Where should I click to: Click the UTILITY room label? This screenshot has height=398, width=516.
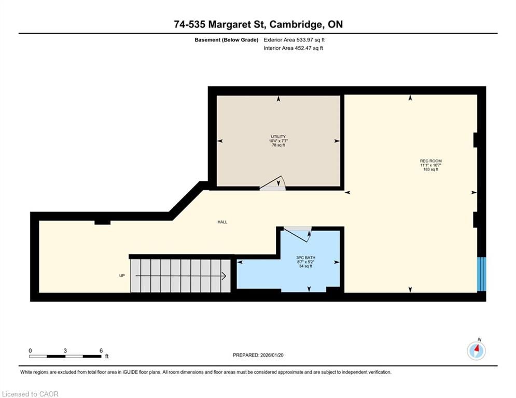pyautogui.click(x=278, y=136)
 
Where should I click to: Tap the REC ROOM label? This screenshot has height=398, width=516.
pyautogui.click(x=431, y=161)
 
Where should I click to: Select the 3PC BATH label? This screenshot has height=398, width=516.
pyautogui.click(x=306, y=258)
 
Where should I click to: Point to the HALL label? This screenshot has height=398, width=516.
pyautogui.click(x=222, y=222)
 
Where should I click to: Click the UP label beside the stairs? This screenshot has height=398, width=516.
pyautogui.click(x=122, y=276)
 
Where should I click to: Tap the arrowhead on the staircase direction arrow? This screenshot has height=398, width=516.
pyautogui.click(x=224, y=276)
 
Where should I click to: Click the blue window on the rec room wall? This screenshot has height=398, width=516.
pyautogui.click(x=481, y=274)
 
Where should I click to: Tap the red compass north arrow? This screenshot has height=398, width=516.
pyautogui.click(x=478, y=348)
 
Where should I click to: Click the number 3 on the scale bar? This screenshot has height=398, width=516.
pyautogui.click(x=65, y=351)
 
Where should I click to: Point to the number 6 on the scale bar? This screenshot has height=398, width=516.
pyautogui.click(x=101, y=351)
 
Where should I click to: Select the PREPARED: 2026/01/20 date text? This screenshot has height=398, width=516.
pyautogui.click(x=258, y=355)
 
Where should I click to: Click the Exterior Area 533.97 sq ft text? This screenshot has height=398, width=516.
pyautogui.click(x=294, y=40)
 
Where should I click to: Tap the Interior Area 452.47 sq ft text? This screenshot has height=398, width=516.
pyautogui.click(x=293, y=48)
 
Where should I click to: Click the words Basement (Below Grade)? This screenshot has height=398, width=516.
pyautogui.click(x=227, y=40)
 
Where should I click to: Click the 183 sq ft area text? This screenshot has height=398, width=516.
pyautogui.click(x=431, y=169)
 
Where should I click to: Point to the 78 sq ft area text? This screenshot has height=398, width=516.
pyautogui.click(x=278, y=145)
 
